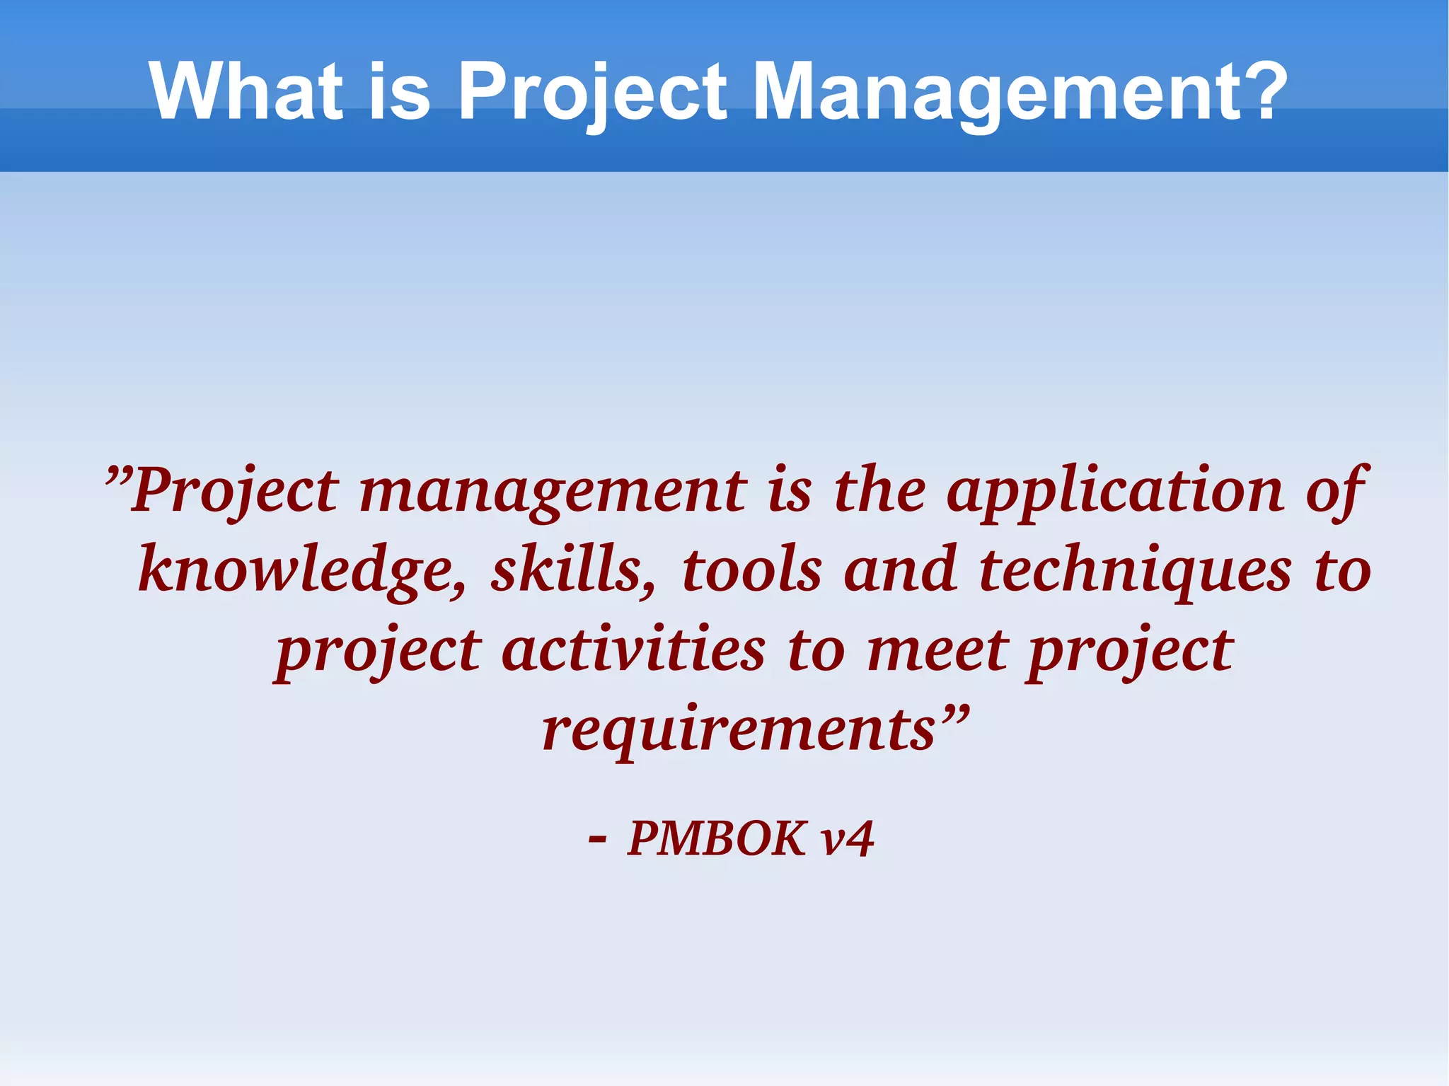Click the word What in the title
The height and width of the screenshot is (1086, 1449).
click(x=246, y=92)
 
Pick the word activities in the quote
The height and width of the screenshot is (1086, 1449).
click(x=633, y=650)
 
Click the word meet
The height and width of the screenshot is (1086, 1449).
click(x=937, y=650)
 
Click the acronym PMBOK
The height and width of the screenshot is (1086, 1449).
click(x=717, y=839)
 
